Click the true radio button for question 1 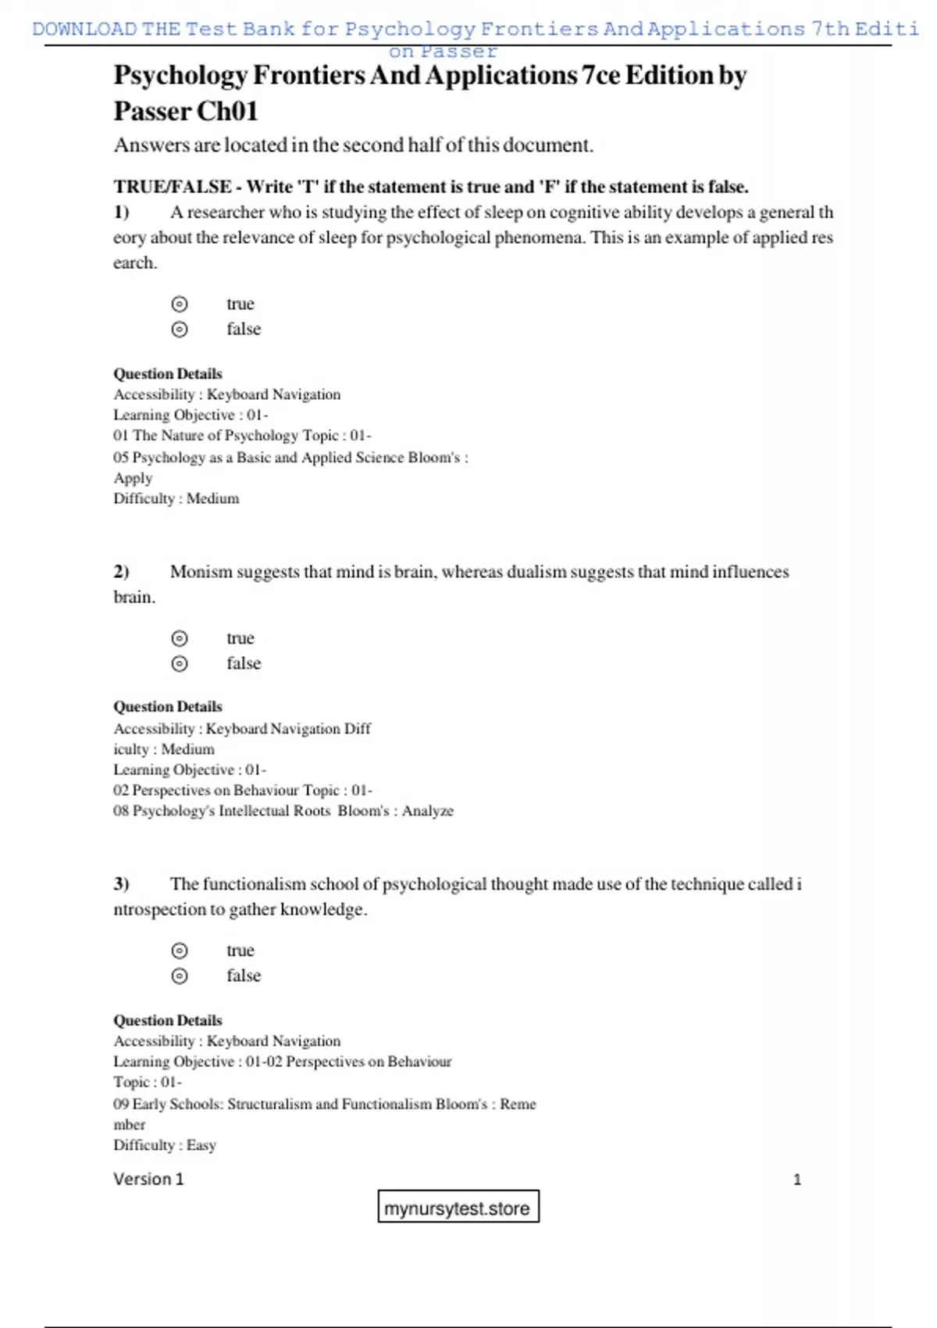tap(180, 304)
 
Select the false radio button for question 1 tap(180, 329)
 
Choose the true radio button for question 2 tap(180, 638)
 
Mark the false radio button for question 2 tap(180, 663)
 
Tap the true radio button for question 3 tap(180, 951)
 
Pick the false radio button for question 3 tap(180, 976)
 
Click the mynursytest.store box tap(458, 1208)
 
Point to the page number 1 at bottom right tap(796, 1180)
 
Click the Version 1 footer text tap(148, 1179)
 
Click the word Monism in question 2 tap(201, 572)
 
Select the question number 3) tap(121, 884)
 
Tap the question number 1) tap(121, 212)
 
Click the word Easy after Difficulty tap(201, 1145)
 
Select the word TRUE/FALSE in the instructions tap(172, 187)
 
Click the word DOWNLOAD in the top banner tap(84, 29)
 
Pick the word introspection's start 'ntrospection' tap(161, 909)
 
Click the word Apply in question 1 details tap(133, 478)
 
